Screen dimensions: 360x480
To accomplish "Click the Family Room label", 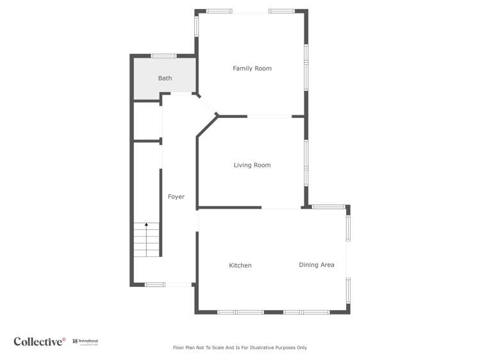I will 252,69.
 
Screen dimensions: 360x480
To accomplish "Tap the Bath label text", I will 165,78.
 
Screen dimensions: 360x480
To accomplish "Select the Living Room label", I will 252,165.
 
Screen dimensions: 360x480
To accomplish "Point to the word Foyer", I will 176,197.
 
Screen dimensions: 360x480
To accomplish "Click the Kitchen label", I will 240,265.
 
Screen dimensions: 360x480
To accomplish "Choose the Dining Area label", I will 317,265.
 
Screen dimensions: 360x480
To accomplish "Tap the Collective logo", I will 40,341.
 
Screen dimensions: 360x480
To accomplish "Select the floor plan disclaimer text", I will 240,348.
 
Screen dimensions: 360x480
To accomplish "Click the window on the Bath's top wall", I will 163,56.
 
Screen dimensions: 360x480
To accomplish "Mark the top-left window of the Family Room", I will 219,11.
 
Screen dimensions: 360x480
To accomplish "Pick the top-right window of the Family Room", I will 281,11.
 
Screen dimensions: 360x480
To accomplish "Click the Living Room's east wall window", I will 306,163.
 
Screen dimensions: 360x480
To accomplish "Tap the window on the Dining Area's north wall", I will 329,206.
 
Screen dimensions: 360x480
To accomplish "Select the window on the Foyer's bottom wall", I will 155,284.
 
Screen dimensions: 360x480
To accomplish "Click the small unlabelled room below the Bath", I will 146,121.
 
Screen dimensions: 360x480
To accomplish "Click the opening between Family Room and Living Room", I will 269,117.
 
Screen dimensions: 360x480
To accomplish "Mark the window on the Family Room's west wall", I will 197,26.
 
